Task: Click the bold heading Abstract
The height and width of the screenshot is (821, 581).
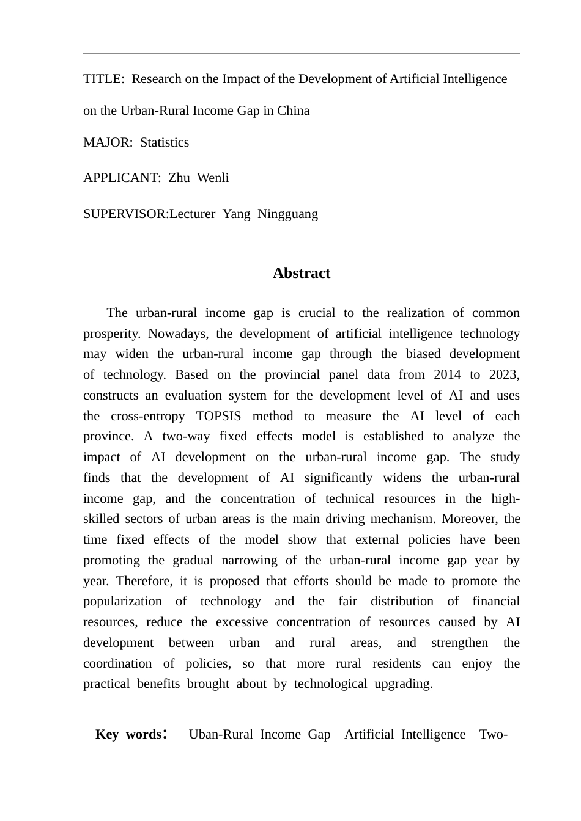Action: (302, 273)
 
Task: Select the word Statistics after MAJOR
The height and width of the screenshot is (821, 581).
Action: (165, 142)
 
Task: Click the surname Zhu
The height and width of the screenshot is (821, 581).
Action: (179, 178)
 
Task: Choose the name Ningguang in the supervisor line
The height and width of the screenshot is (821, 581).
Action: (287, 214)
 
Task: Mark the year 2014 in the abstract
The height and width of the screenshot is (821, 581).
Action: (448, 374)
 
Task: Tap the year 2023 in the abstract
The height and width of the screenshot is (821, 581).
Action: (503, 374)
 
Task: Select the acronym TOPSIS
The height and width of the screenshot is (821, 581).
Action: (218, 416)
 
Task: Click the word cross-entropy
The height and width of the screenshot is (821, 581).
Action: (147, 416)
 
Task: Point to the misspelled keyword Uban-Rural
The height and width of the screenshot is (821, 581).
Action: (220, 734)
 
